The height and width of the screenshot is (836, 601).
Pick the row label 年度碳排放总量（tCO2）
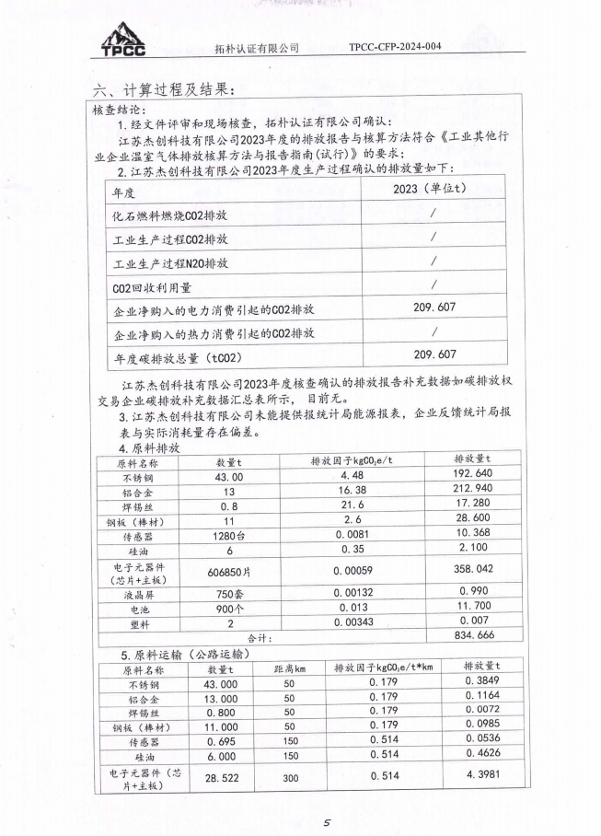pyautogui.click(x=174, y=354)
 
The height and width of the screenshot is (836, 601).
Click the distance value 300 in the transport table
pyautogui.click(x=289, y=776)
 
